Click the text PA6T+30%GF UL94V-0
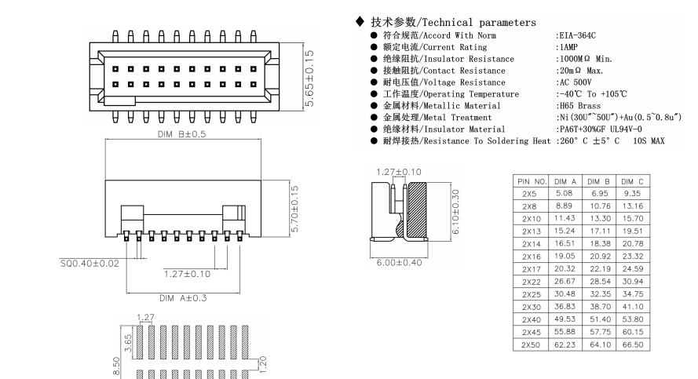600,129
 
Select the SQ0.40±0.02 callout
89,263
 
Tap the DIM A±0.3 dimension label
181,298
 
